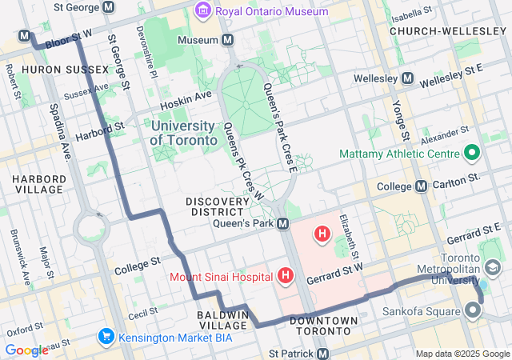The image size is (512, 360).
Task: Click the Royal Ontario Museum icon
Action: pos(202,12)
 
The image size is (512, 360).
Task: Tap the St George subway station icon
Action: pos(109,6)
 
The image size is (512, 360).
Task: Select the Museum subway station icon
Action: pos(228,40)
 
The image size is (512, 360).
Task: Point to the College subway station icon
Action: pos(421,186)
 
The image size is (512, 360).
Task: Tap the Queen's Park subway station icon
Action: pos(282,224)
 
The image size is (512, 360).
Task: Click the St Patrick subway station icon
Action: pos(322,353)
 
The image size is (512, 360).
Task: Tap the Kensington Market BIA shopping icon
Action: pos(106,336)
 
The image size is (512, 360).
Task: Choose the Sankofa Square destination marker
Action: pos(473,309)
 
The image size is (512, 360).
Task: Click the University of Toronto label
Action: pos(183,133)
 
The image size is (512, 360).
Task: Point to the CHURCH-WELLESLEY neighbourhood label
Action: pos(443,30)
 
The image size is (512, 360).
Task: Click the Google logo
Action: pos(26,350)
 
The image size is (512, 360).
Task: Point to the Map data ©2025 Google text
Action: pos(461,354)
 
